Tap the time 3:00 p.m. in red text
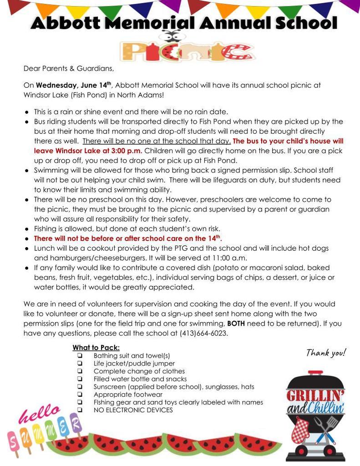(122, 151)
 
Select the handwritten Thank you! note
(326, 353)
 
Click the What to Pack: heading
(96, 348)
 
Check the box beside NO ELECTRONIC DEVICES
(80, 410)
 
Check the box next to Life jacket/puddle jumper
(80, 364)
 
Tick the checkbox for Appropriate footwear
(80, 395)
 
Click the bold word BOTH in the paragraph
(236, 324)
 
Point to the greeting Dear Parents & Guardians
(68, 69)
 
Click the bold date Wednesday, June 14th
(74, 85)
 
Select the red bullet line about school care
(128, 238)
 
